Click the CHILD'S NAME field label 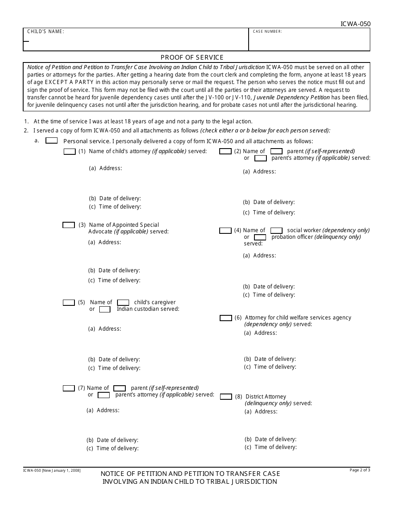[x=46, y=31]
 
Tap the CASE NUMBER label [x=268, y=31]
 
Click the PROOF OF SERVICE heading [x=192, y=58]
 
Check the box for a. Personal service [x=51, y=141]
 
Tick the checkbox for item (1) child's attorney [x=69, y=151]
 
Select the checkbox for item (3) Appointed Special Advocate [x=69, y=225]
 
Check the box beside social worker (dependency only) [x=276, y=230]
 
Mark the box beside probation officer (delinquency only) [x=260, y=237]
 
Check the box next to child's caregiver [x=123, y=303]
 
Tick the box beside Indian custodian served [x=105, y=309]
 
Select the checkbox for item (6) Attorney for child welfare [x=225, y=318]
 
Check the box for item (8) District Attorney [x=226, y=397]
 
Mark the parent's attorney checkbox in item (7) [x=103, y=395]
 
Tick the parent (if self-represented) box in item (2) [x=276, y=151]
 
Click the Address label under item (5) [x=104, y=329]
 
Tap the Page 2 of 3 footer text [x=360, y=470]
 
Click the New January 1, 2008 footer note [x=52, y=471]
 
